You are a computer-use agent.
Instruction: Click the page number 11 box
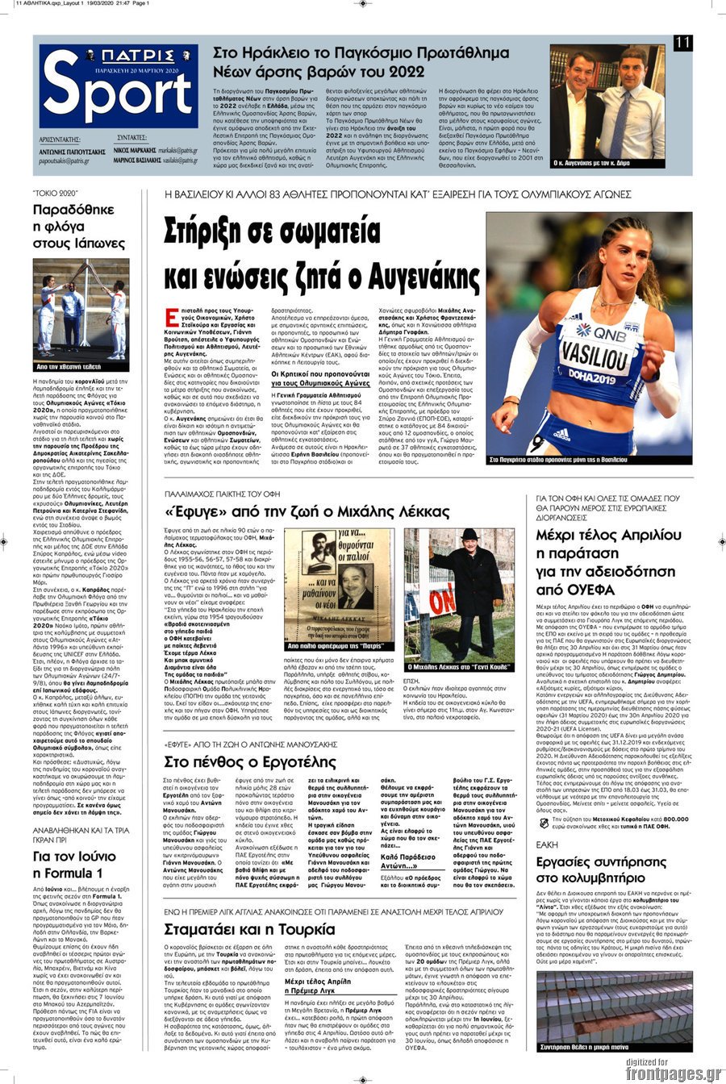682,43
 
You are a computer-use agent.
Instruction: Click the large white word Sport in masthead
117,95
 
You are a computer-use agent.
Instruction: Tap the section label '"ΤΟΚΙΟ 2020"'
55,194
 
